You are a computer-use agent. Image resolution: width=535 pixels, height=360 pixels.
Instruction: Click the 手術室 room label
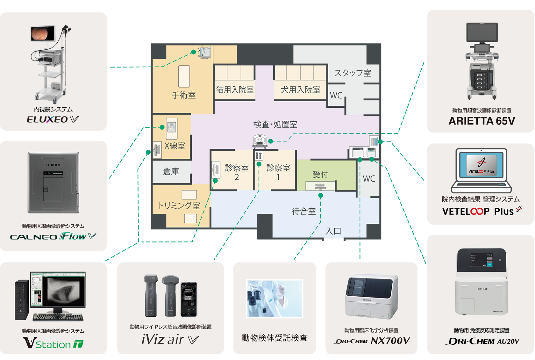(184, 95)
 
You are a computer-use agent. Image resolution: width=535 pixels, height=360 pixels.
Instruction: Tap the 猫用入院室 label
(235, 90)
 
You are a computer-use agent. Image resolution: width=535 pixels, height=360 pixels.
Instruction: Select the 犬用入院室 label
(300, 90)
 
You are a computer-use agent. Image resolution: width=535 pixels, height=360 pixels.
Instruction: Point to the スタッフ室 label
(353, 73)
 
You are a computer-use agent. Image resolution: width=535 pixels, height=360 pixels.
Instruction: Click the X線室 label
(175, 146)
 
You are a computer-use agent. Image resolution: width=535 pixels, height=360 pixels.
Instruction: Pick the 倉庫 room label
(171, 171)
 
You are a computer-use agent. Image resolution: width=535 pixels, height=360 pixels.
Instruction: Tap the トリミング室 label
(179, 205)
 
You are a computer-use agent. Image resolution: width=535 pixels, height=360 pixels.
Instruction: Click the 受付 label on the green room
(320, 174)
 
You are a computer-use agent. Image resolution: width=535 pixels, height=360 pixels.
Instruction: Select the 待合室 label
(304, 211)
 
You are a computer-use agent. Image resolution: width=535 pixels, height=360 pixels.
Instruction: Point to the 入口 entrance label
(333, 231)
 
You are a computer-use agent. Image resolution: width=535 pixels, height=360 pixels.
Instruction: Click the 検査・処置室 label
(275, 125)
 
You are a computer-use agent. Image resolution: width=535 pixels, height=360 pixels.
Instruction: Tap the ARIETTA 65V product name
(481, 121)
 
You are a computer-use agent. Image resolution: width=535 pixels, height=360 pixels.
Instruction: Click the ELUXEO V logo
(53, 119)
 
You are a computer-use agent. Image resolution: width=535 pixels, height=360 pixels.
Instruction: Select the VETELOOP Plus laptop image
(481, 170)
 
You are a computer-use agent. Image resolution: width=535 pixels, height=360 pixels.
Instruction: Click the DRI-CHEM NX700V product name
(371, 341)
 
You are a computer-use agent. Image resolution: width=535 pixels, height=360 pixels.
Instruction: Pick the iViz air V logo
(170, 340)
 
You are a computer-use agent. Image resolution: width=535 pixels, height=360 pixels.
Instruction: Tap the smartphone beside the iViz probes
(189, 299)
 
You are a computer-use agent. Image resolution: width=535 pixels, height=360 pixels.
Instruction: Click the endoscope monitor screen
(43, 33)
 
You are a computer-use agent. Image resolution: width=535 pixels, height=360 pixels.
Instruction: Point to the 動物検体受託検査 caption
(275, 338)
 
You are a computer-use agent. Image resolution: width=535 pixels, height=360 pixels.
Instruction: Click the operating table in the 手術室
(184, 76)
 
